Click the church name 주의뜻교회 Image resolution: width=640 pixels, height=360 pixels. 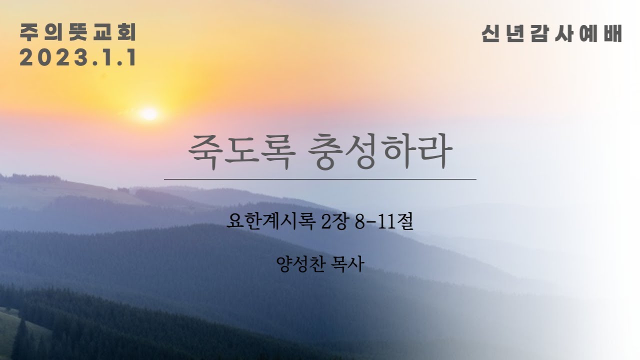pyautogui.click(x=78, y=33)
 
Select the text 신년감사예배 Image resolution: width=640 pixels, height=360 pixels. pyautogui.click(x=551, y=34)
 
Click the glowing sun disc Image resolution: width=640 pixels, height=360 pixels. pyautogui.click(x=148, y=114)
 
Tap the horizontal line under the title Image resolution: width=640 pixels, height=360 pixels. pyautogui.click(x=320, y=178)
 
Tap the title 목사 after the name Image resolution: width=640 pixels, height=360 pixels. pyautogui.click(x=347, y=264)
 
